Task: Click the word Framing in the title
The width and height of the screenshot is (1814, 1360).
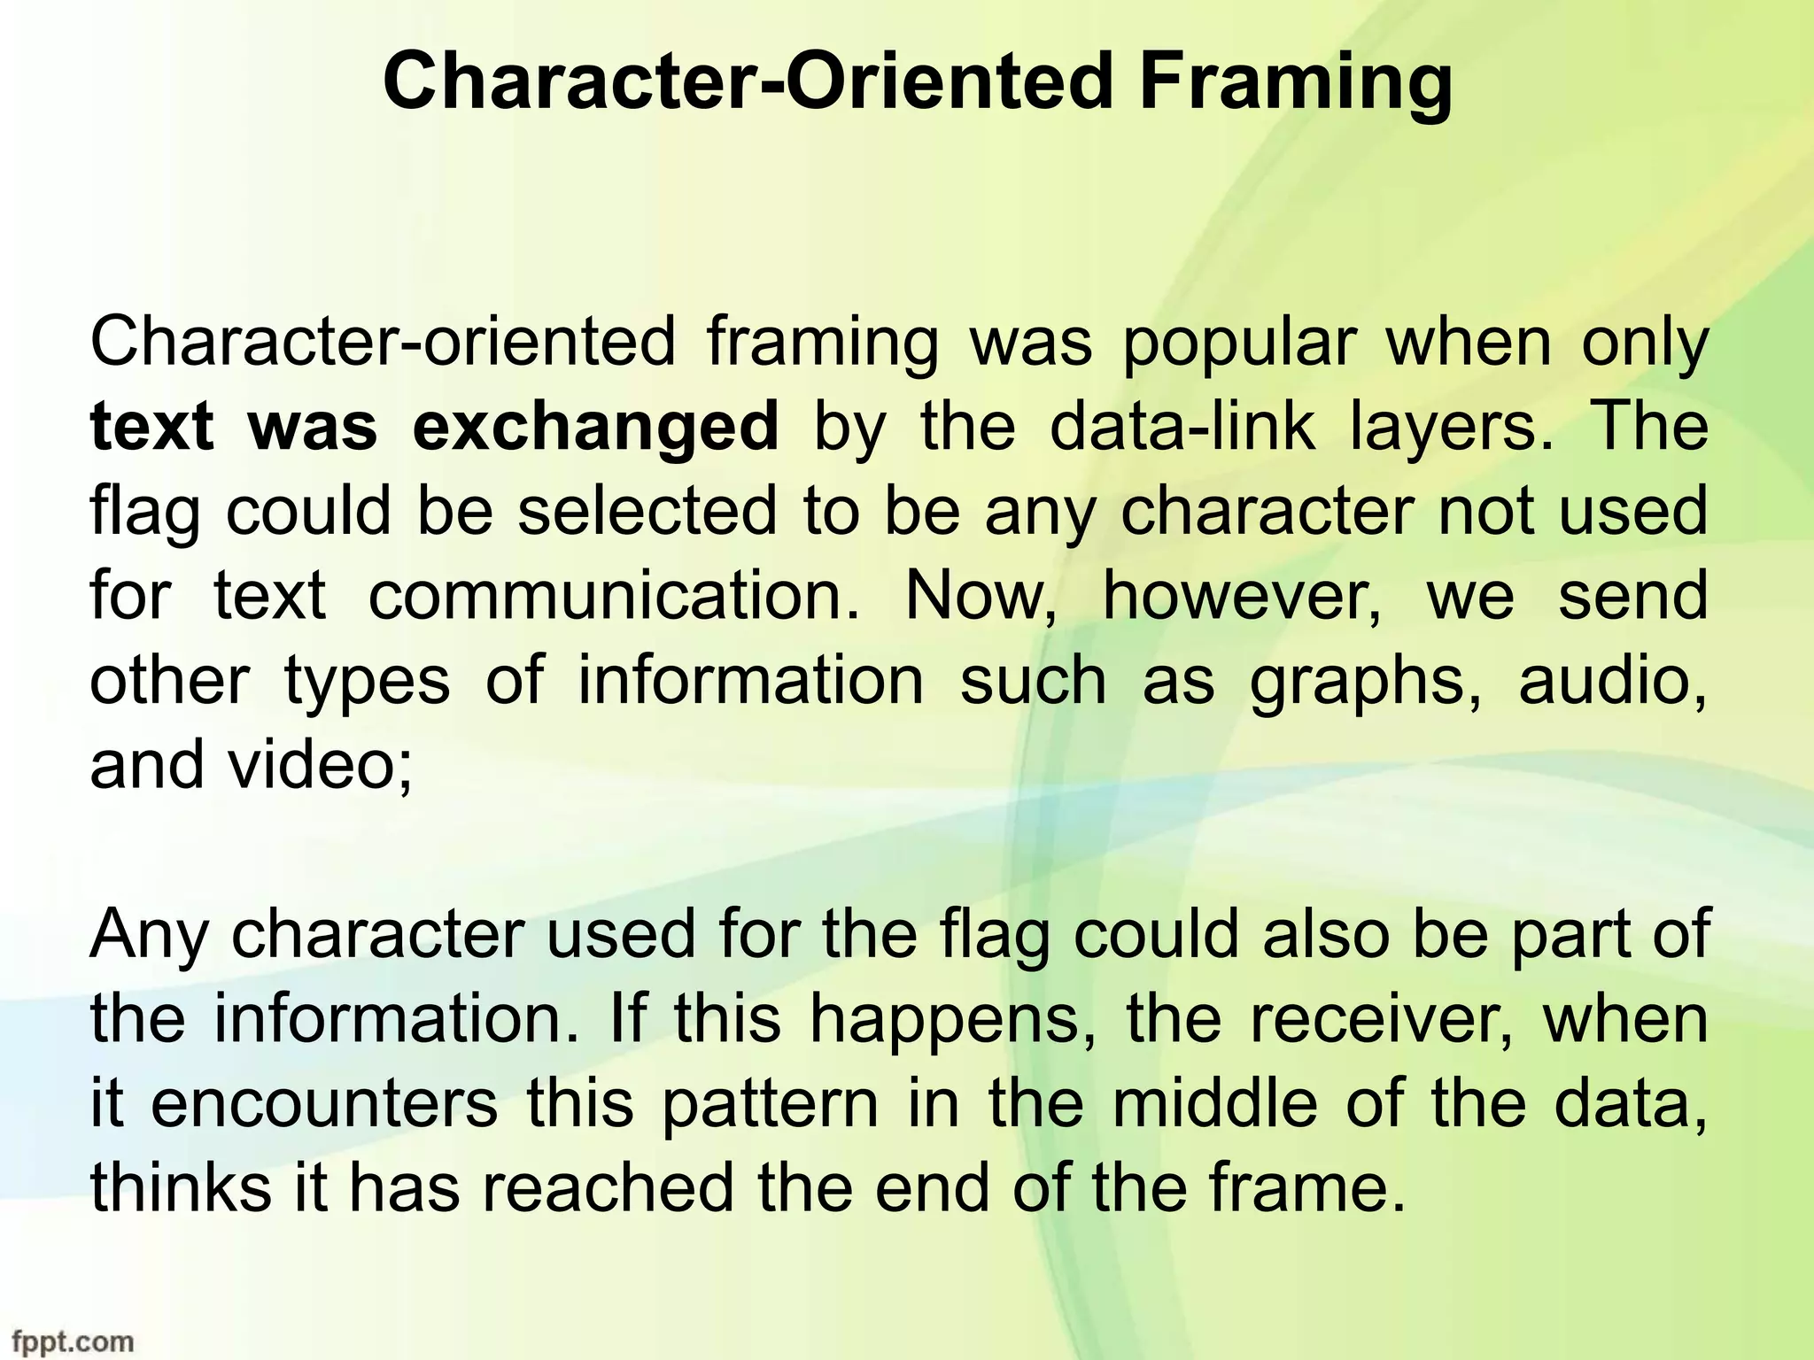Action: point(1294,84)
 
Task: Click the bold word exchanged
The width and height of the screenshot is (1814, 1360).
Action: point(595,427)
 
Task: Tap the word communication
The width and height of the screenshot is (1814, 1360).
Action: point(613,596)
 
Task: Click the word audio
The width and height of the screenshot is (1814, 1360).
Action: point(1613,681)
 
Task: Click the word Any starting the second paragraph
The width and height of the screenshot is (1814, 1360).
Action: point(147,936)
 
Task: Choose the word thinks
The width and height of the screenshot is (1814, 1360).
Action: point(181,1188)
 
